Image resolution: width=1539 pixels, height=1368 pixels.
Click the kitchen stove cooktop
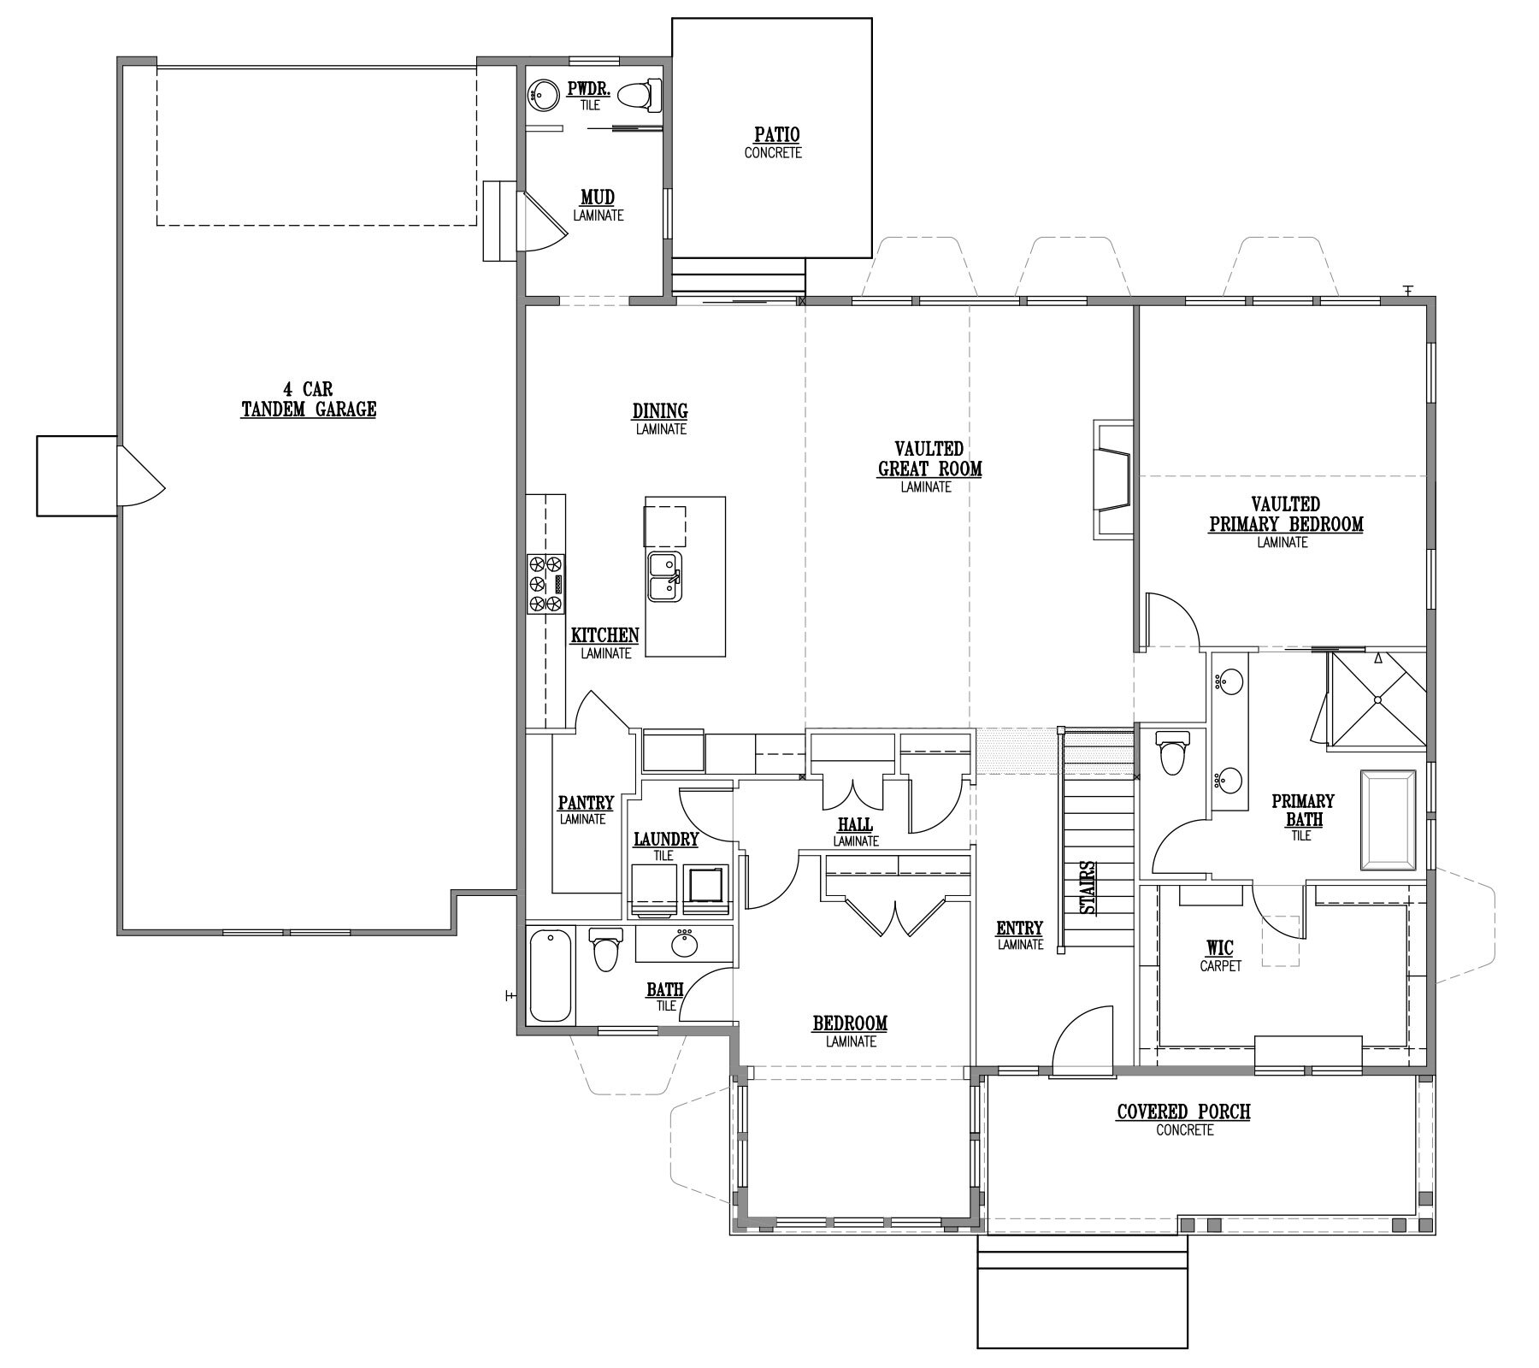point(545,584)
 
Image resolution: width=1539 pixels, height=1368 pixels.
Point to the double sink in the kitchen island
point(664,577)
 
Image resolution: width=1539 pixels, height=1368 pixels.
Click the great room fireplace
point(1113,480)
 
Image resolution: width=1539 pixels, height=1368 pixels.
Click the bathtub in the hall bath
point(551,975)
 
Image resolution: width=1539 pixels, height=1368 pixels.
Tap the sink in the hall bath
point(684,945)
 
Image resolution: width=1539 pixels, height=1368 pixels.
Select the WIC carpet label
point(1220,955)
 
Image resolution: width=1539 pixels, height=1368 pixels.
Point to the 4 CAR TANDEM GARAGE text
point(309,400)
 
